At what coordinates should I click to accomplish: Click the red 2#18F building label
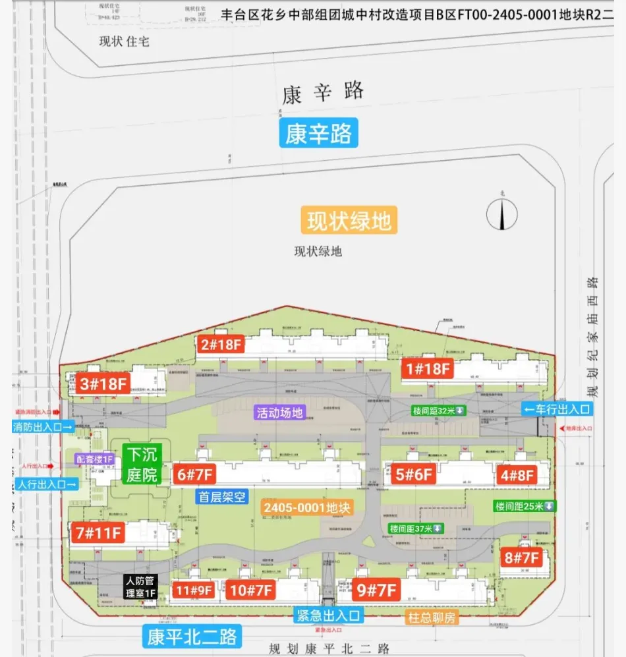click(221, 345)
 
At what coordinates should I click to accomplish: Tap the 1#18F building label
click(428, 369)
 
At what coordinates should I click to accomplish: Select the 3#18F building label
click(103, 384)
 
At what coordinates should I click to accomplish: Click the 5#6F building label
click(414, 474)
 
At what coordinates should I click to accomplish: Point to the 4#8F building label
click(517, 474)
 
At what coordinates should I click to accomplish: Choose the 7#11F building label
click(99, 532)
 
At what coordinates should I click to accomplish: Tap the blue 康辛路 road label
click(318, 133)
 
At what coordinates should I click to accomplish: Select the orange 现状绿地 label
click(349, 221)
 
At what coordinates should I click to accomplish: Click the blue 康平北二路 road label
click(192, 637)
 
